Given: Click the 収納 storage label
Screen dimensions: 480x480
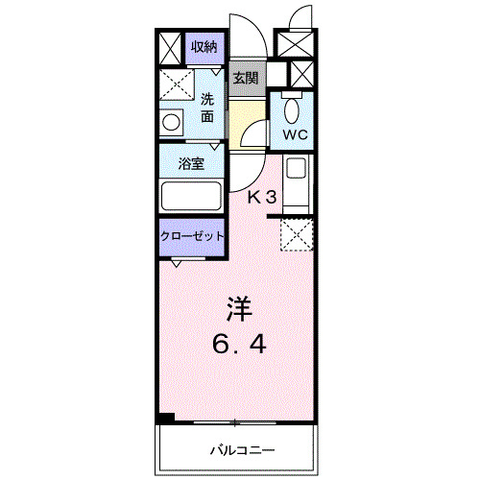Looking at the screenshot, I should tap(204, 46).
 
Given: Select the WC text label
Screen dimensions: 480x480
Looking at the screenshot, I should tap(294, 133).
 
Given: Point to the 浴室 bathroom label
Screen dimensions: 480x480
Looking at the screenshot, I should tap(191, 163).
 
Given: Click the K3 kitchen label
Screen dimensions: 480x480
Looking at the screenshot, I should tap(262, 198).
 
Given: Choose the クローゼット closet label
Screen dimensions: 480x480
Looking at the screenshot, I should tap(192, 235).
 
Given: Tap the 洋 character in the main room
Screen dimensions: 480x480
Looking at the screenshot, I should tap(239, 308).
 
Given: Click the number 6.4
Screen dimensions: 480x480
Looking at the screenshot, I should tap(240, 343).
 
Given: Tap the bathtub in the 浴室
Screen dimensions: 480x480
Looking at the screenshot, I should tap(191, 196).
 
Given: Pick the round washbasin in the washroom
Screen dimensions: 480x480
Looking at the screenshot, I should tap(173, 122).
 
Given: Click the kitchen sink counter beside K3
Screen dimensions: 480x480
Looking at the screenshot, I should tap(297, 181).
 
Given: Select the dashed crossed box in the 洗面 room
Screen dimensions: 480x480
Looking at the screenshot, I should tap(177, 84).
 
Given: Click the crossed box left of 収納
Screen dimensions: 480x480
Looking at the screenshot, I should tap(169, 47).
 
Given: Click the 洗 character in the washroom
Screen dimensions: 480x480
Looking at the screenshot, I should tap(208, 99).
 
